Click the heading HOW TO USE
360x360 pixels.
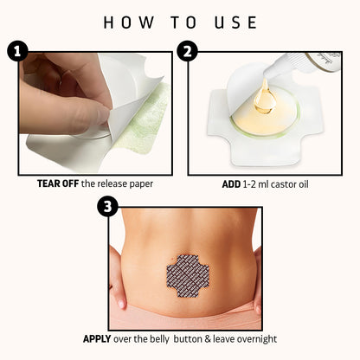pos(179,22)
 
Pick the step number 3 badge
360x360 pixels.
pos(107,207)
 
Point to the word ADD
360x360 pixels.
pos(230,183)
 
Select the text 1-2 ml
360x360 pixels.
pos(258,183)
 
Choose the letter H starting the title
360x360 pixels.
pos(108,22)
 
